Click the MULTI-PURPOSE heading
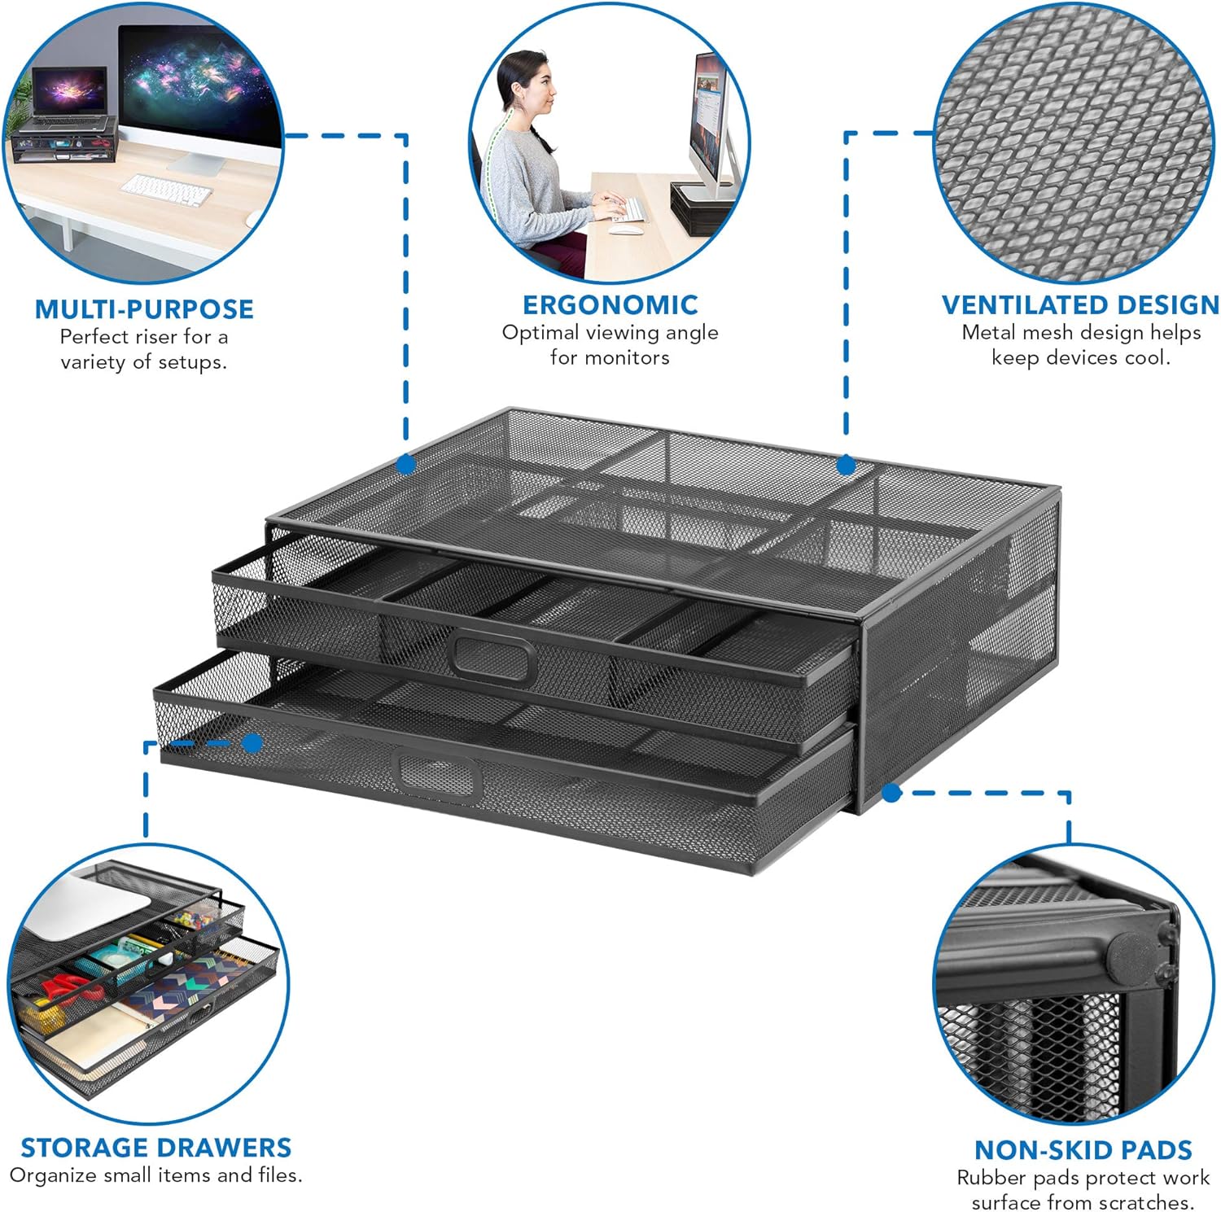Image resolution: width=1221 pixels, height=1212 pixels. point(144,309)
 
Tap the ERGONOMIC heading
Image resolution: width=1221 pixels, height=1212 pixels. point(610,305)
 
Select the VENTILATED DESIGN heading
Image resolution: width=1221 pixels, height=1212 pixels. point(1080,305)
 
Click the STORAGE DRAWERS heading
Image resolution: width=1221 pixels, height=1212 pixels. point(155,1148)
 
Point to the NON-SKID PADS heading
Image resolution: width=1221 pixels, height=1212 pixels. point(1083,1150)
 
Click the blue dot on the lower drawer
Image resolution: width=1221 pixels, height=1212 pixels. point(252,743)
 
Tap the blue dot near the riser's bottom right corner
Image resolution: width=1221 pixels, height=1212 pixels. point(891,792)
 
